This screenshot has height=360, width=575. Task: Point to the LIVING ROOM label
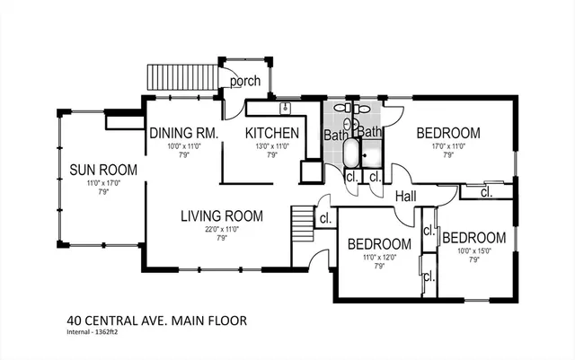pyautogui.click(x=221, y=215)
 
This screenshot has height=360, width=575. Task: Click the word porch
pyautogui.click(x=244, y=82)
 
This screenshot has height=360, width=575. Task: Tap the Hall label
pyautogui.click(x=405, y=196)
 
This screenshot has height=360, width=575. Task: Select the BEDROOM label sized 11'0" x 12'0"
pyautogui.click(x=379, y=243)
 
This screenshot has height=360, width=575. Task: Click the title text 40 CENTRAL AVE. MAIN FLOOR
pyautogui.click(x=156, y=320)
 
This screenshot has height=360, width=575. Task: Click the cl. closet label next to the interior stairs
pyautogui.click(x=325, y=217)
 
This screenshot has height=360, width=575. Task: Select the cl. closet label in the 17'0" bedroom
pyautogui.click(x=485, y=192)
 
